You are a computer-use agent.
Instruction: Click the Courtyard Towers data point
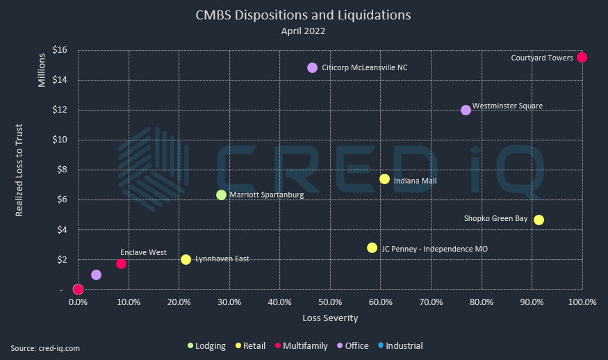point(582,57)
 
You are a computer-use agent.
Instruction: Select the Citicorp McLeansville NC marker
point(312,67)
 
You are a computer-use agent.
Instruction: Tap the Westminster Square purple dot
point(466,110)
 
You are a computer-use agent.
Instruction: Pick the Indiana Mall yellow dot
point(384,179)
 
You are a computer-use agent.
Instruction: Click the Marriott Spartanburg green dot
point(221,195)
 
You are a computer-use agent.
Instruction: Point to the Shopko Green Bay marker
point(539,220)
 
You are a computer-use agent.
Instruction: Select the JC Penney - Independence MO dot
point(372,247)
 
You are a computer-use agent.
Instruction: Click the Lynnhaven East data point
point(186,259)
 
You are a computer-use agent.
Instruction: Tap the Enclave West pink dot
point(121,263)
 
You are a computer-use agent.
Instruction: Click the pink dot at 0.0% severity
point(79,289)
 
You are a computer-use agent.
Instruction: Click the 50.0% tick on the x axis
point(330,303)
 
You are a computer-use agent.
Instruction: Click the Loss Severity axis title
point(330,318)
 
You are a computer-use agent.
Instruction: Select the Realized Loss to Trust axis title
point(20,170)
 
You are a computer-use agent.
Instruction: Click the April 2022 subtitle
point(303,31)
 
